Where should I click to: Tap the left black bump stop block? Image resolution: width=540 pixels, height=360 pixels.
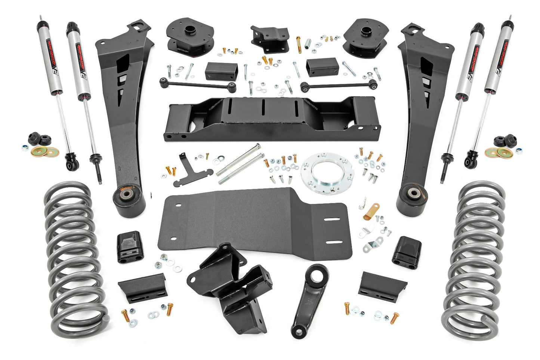(x=130, y=247)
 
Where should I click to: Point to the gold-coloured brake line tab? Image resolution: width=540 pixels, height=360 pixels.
(x=371, y=211)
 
